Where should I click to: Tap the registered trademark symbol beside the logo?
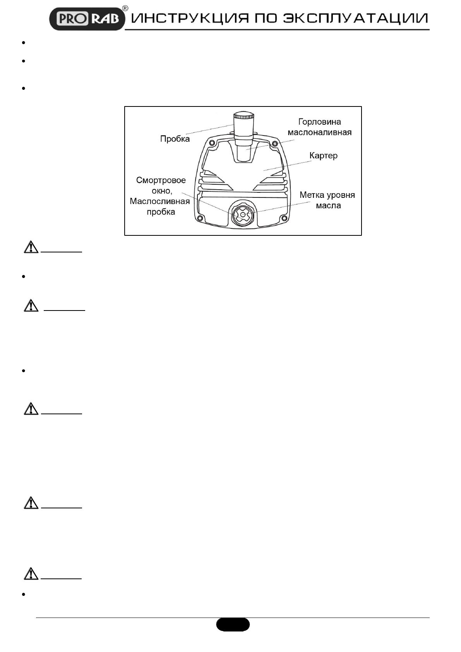pos(125,9)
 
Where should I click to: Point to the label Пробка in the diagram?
pos(175,139)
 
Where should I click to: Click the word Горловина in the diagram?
pos(319,122)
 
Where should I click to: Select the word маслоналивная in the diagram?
pos(319,132)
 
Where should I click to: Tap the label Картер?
pos(323,156)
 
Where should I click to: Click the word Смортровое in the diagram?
pos(161,180)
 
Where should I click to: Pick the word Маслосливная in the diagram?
pos(160,201)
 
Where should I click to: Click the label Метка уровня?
pos(327,195)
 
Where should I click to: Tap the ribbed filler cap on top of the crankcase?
pos(243,116)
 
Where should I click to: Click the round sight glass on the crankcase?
pos(242,214)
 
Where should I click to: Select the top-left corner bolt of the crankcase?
pos(211,143)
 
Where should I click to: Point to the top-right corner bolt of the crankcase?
pos(275,144)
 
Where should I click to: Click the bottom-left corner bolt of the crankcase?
pos(200,220)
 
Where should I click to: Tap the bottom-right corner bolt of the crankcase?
pos(285,220)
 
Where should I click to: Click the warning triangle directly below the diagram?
pos(31,247)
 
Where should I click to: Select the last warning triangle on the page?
pos(31,573)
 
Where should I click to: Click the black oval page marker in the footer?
pos(233,625)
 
